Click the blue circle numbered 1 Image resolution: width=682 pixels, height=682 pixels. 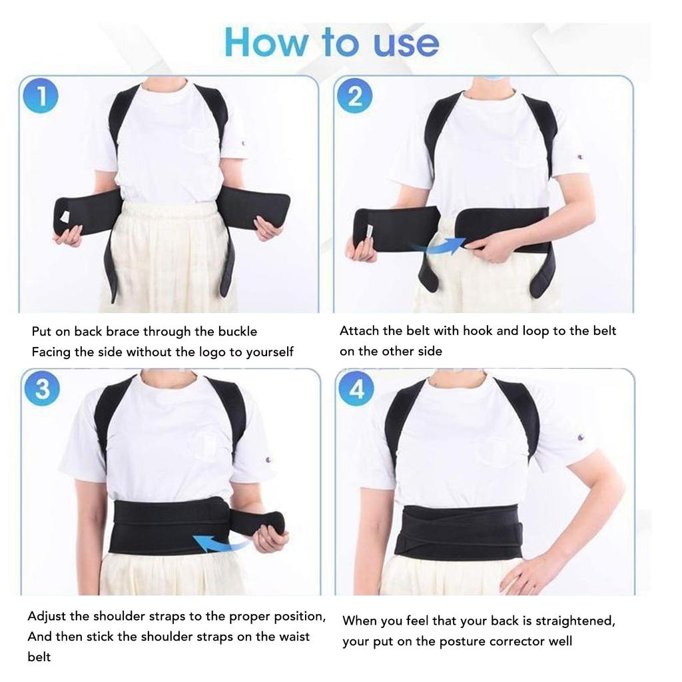point(41,97)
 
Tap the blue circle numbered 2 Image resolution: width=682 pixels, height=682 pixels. point(354,97)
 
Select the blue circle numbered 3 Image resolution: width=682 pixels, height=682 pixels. point(42,388)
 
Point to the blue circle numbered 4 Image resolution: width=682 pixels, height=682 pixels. point(356,388)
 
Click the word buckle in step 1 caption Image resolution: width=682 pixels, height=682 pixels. point(237,332)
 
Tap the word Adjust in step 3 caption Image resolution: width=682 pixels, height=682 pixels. point(47,616)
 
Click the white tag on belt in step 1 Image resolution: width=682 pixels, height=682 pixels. point(65,217)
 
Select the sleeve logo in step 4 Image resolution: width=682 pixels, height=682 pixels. point(580,437)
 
